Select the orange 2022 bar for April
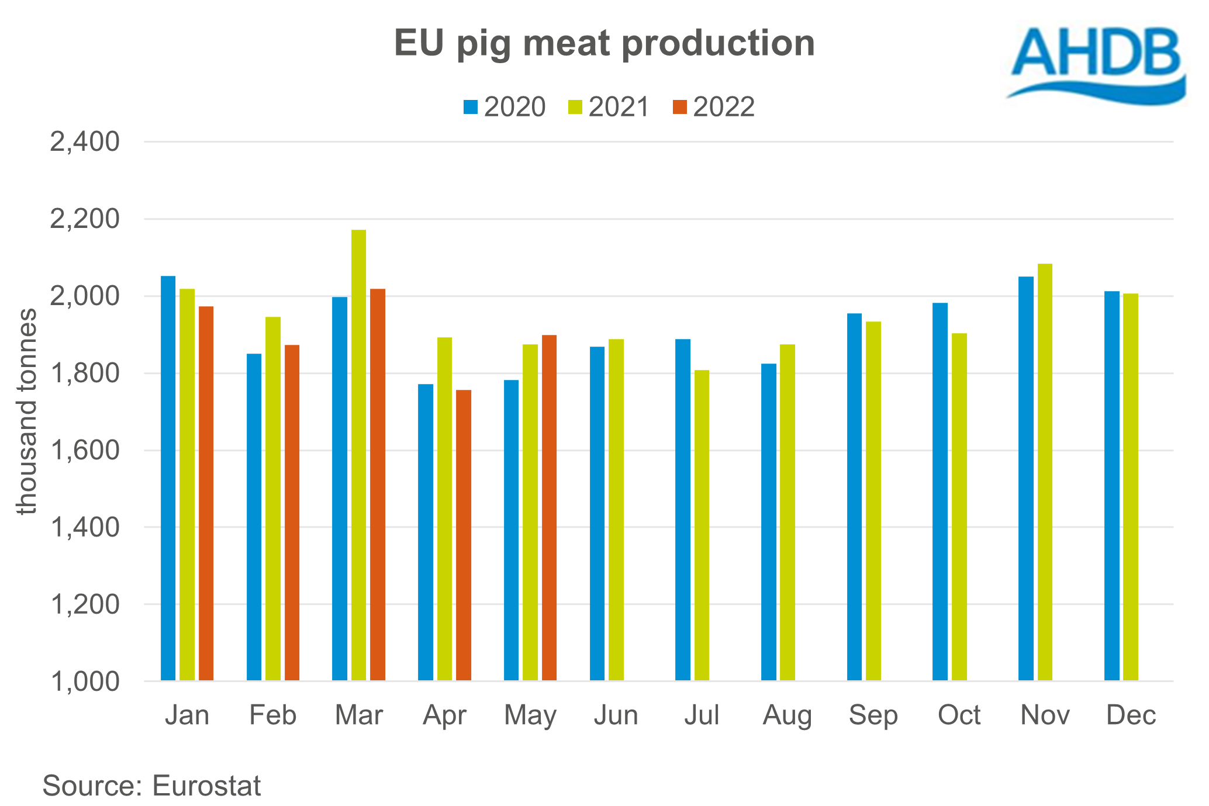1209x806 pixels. click(464, 535)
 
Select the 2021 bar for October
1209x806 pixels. click(959, 507)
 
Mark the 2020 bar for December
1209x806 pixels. click(1111, 486)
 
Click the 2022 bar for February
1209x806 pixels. click(292, 513)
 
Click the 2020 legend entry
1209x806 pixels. click(505, 107)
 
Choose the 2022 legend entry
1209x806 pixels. click(714, 107)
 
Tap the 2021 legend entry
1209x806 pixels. click(609, 107)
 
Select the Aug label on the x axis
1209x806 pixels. click(787, 715)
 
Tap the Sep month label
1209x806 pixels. click(873, 715)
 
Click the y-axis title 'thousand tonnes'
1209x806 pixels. click(26, 411)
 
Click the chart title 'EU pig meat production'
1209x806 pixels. click(604, 43)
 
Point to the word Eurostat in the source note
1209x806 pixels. click(206, 786)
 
